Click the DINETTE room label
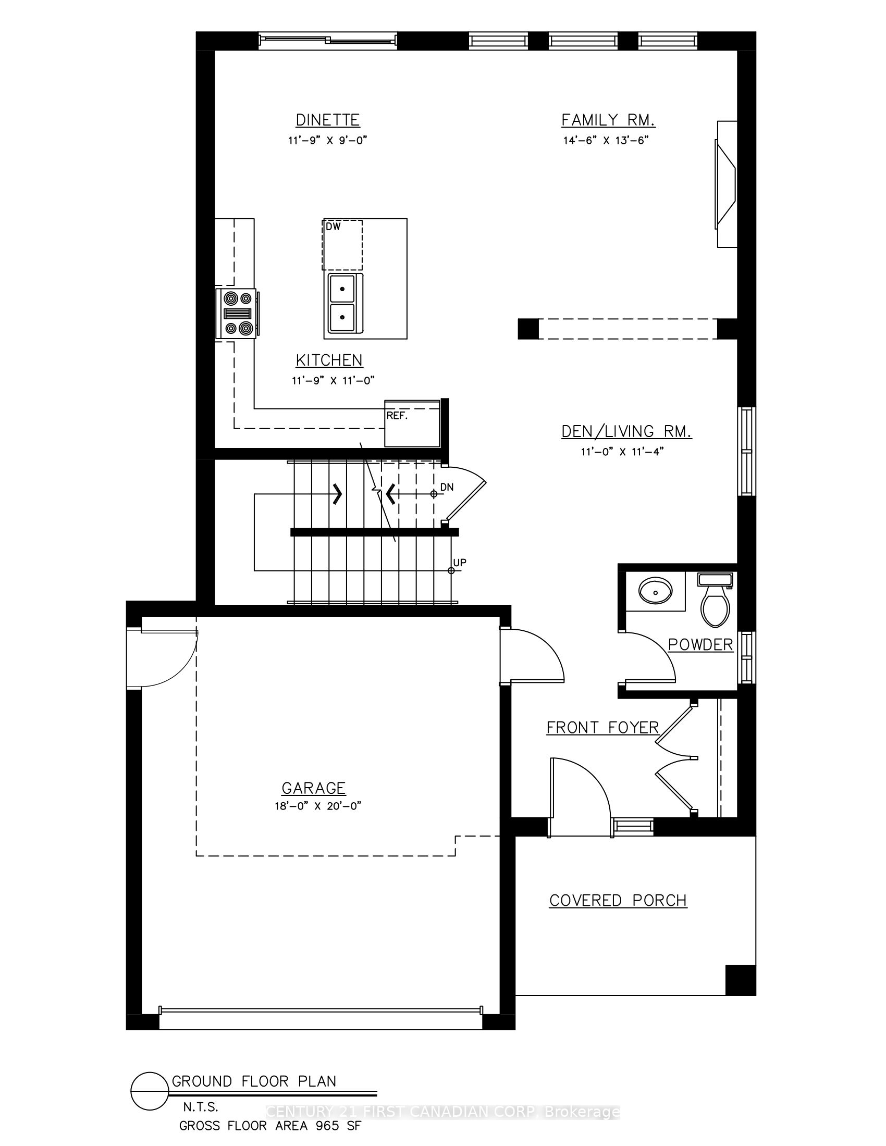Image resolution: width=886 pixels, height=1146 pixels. point(327,120)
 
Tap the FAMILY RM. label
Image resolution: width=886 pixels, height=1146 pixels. point(608,120)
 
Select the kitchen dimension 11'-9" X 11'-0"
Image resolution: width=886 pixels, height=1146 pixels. point(334,380)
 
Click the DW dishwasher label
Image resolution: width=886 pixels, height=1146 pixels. point(334,227)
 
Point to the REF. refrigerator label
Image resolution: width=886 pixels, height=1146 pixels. point(397,415)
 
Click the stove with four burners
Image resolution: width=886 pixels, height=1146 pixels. point(236,314)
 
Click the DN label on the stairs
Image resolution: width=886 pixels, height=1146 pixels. point(447,487)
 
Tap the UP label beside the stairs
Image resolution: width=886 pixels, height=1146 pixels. point(460,563)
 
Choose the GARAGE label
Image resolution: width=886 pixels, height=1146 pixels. point(314,788)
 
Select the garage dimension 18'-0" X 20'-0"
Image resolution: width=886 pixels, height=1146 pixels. point(318,806)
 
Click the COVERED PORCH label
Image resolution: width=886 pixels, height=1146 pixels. point(618,900)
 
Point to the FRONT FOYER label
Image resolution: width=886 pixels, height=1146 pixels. point(602,727)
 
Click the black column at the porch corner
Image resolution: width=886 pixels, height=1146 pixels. point(741,980)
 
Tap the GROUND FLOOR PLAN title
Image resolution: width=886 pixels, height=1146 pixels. point(254,1081)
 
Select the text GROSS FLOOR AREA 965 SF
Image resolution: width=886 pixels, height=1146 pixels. point(270,1126)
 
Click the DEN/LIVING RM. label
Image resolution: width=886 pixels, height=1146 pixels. point(626,431)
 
